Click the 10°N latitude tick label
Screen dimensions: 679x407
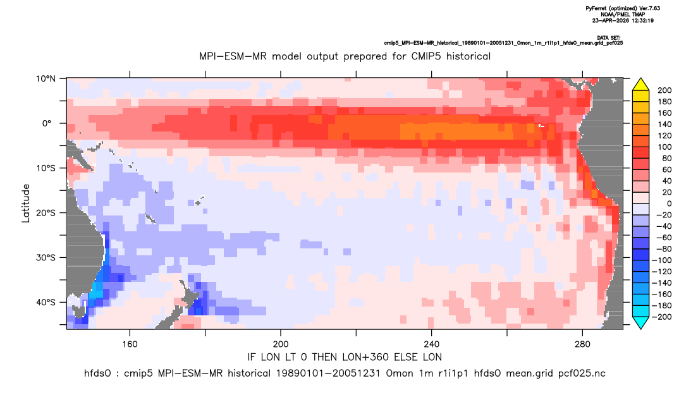(46, 79)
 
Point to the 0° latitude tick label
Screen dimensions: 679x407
(47, 123)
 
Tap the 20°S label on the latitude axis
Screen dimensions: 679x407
(46, 212)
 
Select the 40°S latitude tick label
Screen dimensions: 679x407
(46, 302)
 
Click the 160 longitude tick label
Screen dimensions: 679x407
(130, 344)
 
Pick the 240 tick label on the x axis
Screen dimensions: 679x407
(431, 344)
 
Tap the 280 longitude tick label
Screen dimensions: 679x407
(582, 344)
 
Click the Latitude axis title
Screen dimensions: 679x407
(26, 203)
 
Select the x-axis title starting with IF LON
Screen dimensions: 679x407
(345, 357)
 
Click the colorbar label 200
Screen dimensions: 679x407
(664, 90)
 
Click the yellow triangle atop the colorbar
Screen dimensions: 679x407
(640, 85)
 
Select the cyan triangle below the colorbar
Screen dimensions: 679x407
(640, 322)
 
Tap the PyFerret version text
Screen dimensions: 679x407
(623, 8)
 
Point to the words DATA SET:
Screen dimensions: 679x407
(608, 38)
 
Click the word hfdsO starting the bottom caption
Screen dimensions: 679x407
(97, 374)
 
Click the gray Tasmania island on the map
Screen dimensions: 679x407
(79, 312)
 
